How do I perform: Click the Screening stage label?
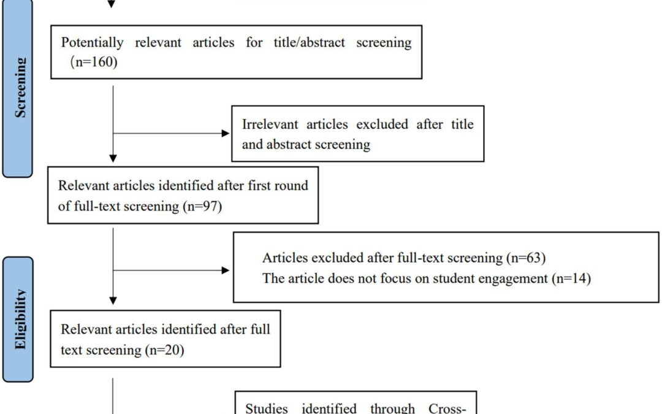(20, 88)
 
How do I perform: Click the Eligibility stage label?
(20, 320)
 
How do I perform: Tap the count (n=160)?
(94, 62)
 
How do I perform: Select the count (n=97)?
(203, 206)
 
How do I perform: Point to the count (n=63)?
(526, 258)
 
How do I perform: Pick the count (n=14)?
(571, 278)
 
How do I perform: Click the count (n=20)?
(165, 350)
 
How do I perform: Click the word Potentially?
(92, 43)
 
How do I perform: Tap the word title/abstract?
(309, 42)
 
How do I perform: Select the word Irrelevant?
(270, 124)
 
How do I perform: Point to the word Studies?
(267, 408)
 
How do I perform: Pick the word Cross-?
(447, 408)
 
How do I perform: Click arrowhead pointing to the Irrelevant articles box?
(226, 134)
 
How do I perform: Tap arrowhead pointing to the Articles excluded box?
(226, 270)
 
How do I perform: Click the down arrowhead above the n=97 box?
(113, 158)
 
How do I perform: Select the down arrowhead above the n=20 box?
(113, 301)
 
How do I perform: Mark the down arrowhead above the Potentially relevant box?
(111, 4)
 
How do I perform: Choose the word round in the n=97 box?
(292, 185)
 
